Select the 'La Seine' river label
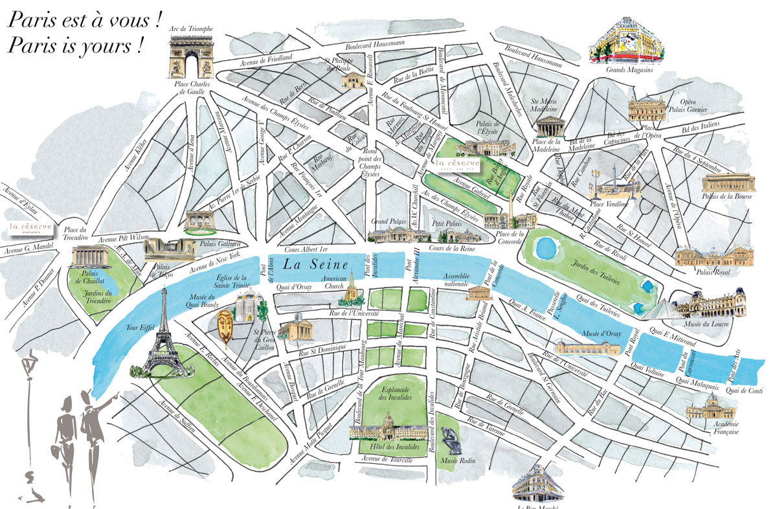[315, 264]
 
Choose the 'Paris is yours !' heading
[74, 47]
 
